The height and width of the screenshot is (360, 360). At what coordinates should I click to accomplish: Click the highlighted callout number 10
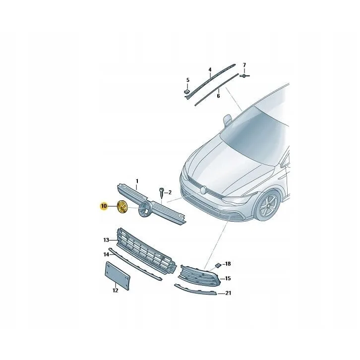click(x=104, y=206)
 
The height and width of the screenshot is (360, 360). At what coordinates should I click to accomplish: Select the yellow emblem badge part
click(x=122, y=207)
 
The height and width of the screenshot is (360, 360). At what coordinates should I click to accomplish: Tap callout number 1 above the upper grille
click(x=137, y=181)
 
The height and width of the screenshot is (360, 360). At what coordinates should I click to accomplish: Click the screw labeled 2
click(x=162, y=192)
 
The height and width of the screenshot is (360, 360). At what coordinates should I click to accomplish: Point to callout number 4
click(x=210, y=69)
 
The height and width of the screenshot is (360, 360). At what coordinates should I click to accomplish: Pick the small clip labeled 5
click(x=187, y=92)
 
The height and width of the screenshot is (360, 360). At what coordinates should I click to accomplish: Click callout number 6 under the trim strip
click(x=218, y=96)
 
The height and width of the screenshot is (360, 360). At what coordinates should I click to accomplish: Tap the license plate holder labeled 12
click(x=118, y=276)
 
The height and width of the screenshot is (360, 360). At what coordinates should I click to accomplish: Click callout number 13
click(x=106, y=240)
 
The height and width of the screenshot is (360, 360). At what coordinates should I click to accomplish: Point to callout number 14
click(x=106, y=254)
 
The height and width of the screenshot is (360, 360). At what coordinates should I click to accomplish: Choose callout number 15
click(x=228, y=279)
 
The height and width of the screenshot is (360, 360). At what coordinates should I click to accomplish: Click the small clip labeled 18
click(x=218, y=266)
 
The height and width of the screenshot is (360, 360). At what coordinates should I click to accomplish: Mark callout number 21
click(x=228, y=293)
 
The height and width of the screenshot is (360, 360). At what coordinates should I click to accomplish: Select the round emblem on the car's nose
click(x=203, y=189)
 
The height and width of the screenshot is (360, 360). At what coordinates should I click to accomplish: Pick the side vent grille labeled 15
click(x=199, y=275)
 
